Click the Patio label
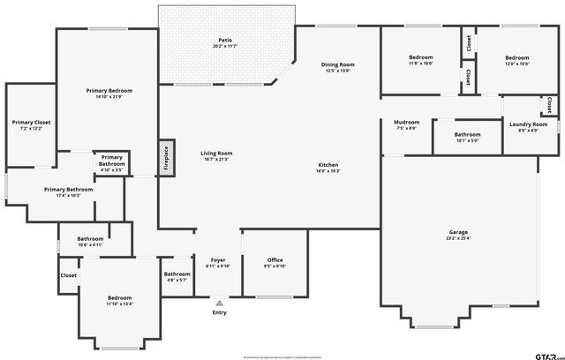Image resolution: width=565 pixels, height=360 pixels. [225, 41]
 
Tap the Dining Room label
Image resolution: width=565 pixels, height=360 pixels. [337, 64]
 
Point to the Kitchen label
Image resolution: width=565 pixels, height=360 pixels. [328, 165]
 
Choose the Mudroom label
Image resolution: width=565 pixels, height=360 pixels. [406, 123]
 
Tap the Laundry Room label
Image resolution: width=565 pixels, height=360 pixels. [528, 124]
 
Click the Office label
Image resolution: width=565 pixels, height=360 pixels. [275, 260]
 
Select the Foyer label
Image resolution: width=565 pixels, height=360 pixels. [217, 260]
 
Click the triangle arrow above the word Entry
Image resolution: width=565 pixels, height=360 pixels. [219, 303]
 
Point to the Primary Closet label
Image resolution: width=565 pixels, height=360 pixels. [31, 123]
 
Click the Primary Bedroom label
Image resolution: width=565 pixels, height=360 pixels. [109, 91]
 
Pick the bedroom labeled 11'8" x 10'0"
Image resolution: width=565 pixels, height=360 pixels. [420, 58]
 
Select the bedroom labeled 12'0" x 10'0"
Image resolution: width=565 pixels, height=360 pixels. [516, 58]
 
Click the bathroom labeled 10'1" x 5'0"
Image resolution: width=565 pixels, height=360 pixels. [467, 135]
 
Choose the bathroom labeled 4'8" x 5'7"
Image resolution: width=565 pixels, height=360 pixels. [177, 274]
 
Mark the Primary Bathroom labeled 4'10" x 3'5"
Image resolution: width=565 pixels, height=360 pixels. [111, 161]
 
